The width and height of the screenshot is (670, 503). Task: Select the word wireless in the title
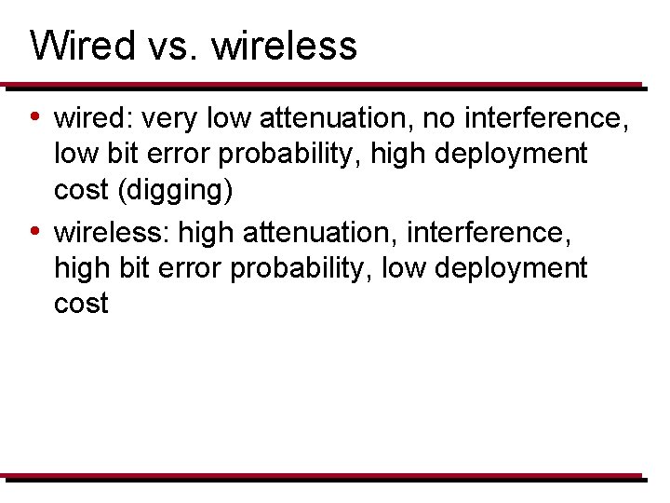point(284,45)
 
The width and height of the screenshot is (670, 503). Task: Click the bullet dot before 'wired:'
point(34,117)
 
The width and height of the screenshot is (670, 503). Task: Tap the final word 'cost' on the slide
point(82,303)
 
